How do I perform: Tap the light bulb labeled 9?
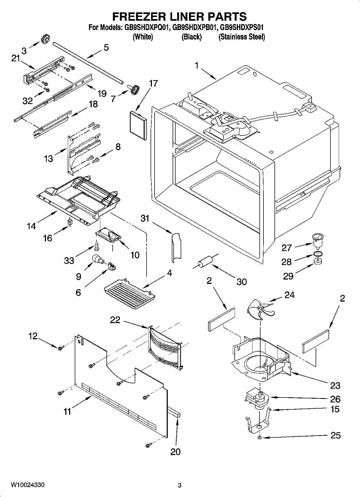(x=97, y=259)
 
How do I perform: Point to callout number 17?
(x=153, y=84)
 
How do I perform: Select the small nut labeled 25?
(x=259, y=438)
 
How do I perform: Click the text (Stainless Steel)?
(x=242, y=37)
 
